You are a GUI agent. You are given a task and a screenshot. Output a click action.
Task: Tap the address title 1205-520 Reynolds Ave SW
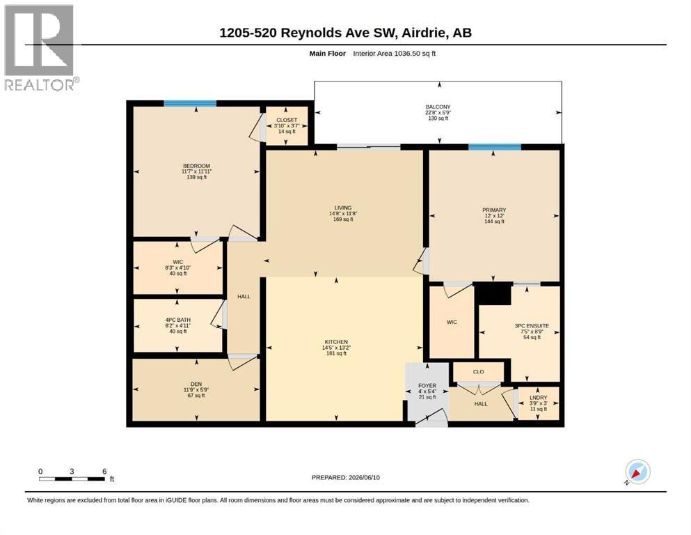tap(309, 33)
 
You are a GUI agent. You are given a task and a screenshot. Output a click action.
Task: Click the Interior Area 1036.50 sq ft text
tap(395, 54)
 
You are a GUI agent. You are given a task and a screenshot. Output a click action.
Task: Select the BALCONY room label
tap(438, 107)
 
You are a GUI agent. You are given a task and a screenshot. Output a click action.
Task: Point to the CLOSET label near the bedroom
tap(287, 120)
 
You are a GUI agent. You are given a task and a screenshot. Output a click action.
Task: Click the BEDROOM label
tap(196, 166)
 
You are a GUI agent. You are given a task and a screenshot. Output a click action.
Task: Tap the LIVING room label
tap(343, 208)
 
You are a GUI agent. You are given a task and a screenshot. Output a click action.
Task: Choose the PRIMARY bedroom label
tap(494, 210)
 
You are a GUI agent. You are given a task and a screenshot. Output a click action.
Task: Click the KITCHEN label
tap(336, 342)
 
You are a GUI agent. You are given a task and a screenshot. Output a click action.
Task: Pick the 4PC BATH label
tap(178, 320)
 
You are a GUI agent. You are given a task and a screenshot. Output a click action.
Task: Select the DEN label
tap(196, 384)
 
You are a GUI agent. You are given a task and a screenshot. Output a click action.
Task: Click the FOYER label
tap(427, 385)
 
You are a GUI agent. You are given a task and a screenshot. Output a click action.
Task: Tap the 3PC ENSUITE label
tap(532, 326)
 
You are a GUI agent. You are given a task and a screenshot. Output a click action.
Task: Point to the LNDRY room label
tap(539, 398)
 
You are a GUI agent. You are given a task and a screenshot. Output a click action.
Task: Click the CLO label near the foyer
tap(479, 372)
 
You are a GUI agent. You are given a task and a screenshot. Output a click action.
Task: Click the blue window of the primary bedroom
tap(495, 147)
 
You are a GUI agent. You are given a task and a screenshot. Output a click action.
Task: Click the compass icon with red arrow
tap(637, 472)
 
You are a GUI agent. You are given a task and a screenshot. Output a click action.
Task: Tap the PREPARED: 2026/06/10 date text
tap(345, 477)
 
